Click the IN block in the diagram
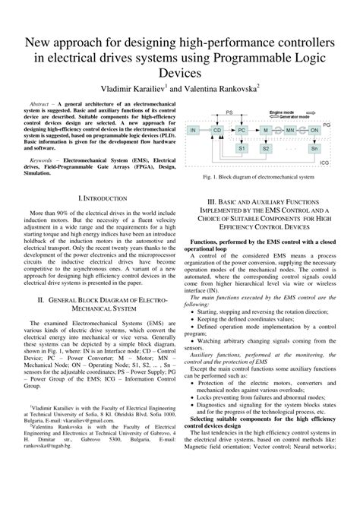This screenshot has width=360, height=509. tap(195, 131)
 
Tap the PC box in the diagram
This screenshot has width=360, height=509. tap(242, 131)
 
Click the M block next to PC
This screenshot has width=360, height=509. tap(266, 131)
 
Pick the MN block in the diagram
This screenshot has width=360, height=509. tap(289, 131)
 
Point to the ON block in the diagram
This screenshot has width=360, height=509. tap(314, 131)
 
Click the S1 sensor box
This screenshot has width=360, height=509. tap(242, 149)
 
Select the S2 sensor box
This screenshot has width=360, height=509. tap(266, 149)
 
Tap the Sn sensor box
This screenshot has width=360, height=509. tap(314, 149)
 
